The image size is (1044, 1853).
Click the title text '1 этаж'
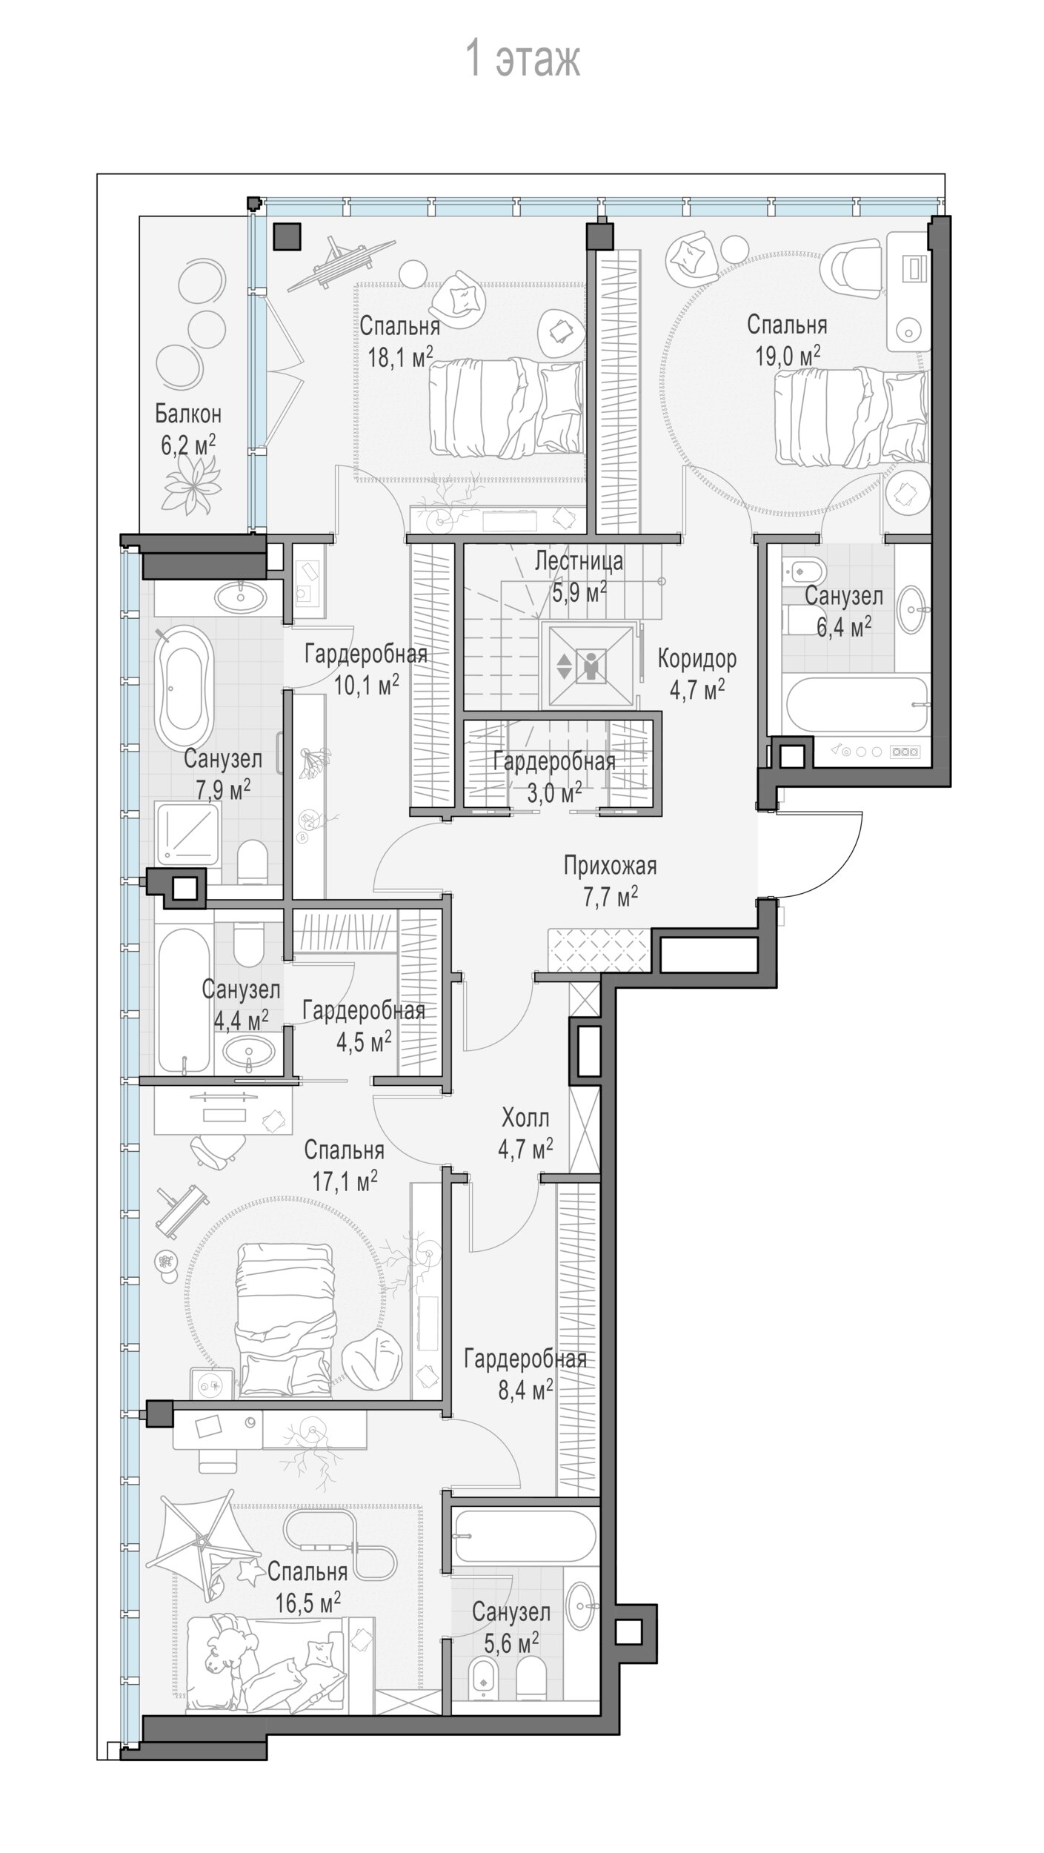coord(522,59)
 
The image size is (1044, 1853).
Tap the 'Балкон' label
coord(188,413)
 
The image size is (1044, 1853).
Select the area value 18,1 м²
coord(401,357)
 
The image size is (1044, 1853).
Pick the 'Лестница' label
coord(579,561)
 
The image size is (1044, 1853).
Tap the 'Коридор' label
coord(697,658)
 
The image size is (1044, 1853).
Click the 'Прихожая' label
coord(610,865)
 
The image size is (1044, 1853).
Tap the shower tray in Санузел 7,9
coord(187,833)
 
